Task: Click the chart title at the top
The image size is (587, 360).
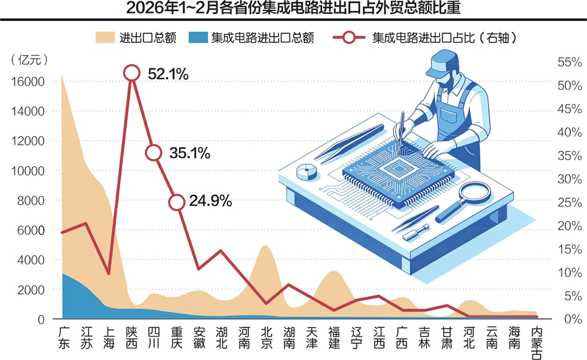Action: tap(293, 9)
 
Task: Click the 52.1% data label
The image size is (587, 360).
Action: tap(168, 74)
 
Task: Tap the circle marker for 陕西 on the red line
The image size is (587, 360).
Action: tap(131, 73)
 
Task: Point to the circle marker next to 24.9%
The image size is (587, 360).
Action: tap(177, 202)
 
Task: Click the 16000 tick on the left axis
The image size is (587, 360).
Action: tap(28, 82)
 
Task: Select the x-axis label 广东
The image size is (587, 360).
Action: tap(63, 338)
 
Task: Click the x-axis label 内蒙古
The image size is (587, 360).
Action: tap(537, 343)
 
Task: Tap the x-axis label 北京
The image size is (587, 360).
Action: tap(266, 338)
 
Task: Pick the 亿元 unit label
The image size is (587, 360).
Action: tap(30, 59)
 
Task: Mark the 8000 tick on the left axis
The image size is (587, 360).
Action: tap(30, 200)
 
